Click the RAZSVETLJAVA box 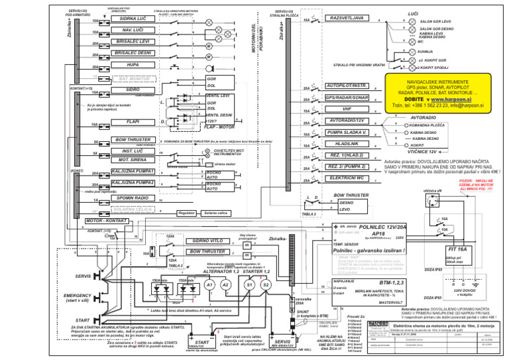click(x=347, y=18)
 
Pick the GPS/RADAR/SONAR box click(x=347, y=97)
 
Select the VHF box click(x=347, y=109)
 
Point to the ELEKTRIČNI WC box click(x=347, y=178)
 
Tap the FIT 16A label click(x=453, y=249)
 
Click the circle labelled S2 click(x=265, y=284)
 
